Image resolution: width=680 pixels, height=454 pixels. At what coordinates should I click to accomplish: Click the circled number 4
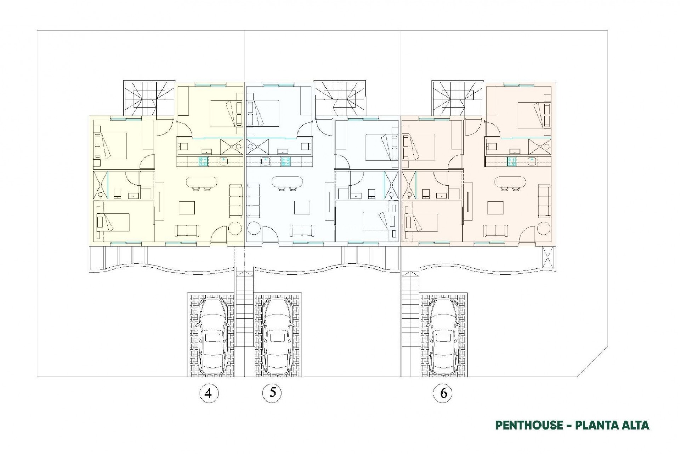(208, 393)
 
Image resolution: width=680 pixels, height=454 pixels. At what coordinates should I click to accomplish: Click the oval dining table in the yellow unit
(201, 182)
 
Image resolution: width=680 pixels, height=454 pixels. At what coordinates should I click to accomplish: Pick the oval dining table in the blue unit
(287, 182)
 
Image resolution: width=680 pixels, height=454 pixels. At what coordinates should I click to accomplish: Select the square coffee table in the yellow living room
(186, 208)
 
